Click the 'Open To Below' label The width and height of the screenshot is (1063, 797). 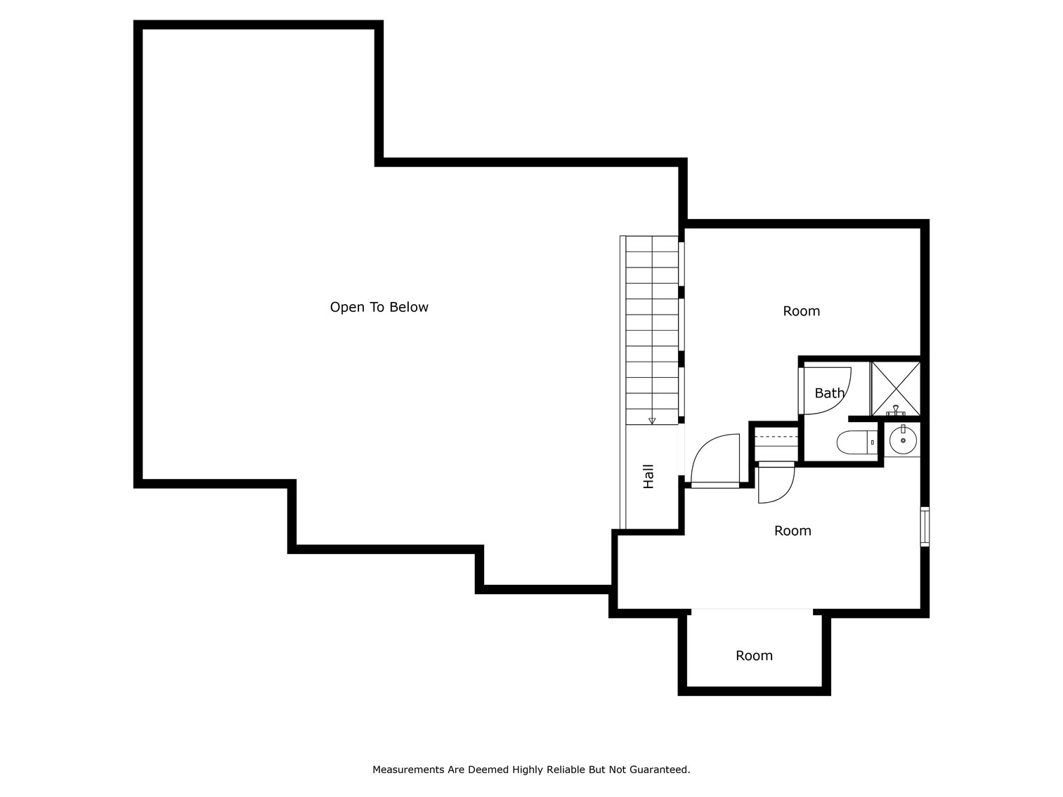[x=379, y=307]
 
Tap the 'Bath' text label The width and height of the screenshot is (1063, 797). [x=829, y=393]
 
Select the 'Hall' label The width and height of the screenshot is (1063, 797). [x=648, y=476]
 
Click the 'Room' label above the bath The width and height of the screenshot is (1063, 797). [x=801, y=311]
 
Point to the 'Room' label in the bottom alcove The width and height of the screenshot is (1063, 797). [x=754, y=656]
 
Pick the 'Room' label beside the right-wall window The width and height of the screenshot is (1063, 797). [x=793, y=531]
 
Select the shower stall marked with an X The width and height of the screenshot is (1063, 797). [x=895, y=388]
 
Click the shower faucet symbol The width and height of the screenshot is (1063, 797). [x=896, y=411]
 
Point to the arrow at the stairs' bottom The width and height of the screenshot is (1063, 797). [x=652, y=421]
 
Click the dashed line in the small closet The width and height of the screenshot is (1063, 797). [x=776, y=437]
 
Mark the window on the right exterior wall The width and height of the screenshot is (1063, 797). [x=925, y=527]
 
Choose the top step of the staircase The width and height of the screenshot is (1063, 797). [x=652, y=244]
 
